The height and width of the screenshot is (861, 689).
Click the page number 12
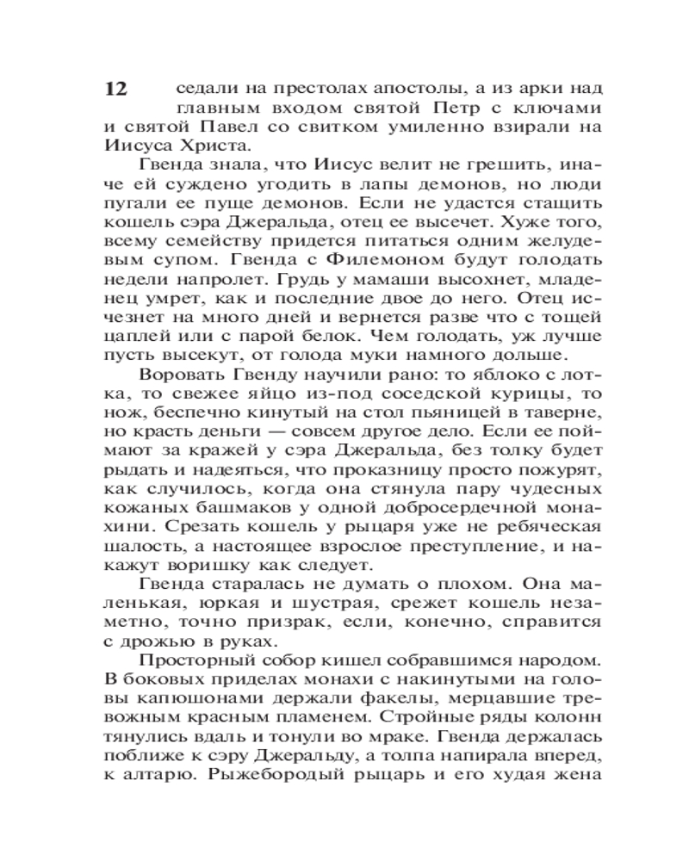[115, 90]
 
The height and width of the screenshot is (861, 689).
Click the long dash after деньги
[307, 429]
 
